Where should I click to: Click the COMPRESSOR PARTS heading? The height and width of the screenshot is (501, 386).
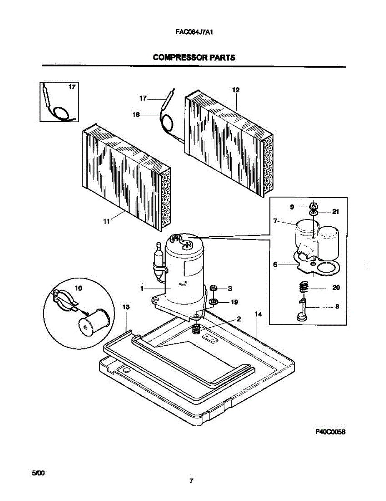(x=194, y=58)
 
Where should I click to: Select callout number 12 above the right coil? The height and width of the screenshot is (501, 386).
(x=236, y=90)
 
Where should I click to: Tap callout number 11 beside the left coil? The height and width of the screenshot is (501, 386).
(x=107, y=223)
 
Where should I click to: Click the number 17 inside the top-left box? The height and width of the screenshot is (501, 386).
(x=72, y=87)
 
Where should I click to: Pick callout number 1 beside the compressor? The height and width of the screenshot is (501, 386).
(x=142, y=288)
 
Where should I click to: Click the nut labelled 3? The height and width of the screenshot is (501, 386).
(x=212, y=288)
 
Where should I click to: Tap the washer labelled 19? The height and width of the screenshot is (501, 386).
(x=213, y=301)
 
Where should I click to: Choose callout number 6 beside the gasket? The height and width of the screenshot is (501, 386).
(x=275, y=264)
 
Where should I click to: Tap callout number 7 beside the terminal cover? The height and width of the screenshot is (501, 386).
(x=275, y=220)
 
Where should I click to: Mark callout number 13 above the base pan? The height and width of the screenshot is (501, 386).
(x=126, y=307)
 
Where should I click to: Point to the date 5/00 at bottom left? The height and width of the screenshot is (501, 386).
(x=38, y=473)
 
